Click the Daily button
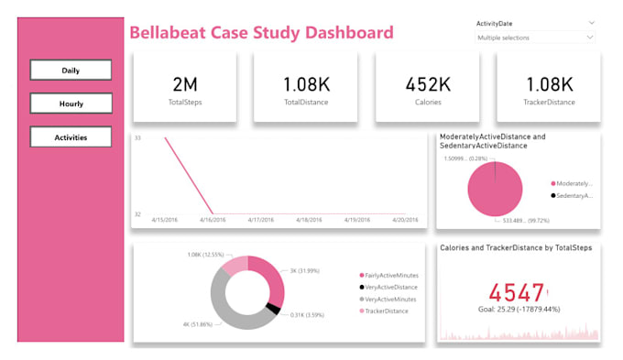tap(71, 70)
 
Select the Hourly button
tap(71, 104)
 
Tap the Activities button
tap(71, 137)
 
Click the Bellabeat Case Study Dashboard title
tap(261, 33)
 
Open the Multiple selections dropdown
tap(534, 38)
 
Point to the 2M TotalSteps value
tap(185, 84)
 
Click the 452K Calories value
tap(428, 84)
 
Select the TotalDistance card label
tap(306, 102)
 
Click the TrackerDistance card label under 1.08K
tap(548, 102)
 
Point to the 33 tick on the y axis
tap(137, 138)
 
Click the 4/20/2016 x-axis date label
tap(402, 220)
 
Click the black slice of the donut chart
tap(273, 309)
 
